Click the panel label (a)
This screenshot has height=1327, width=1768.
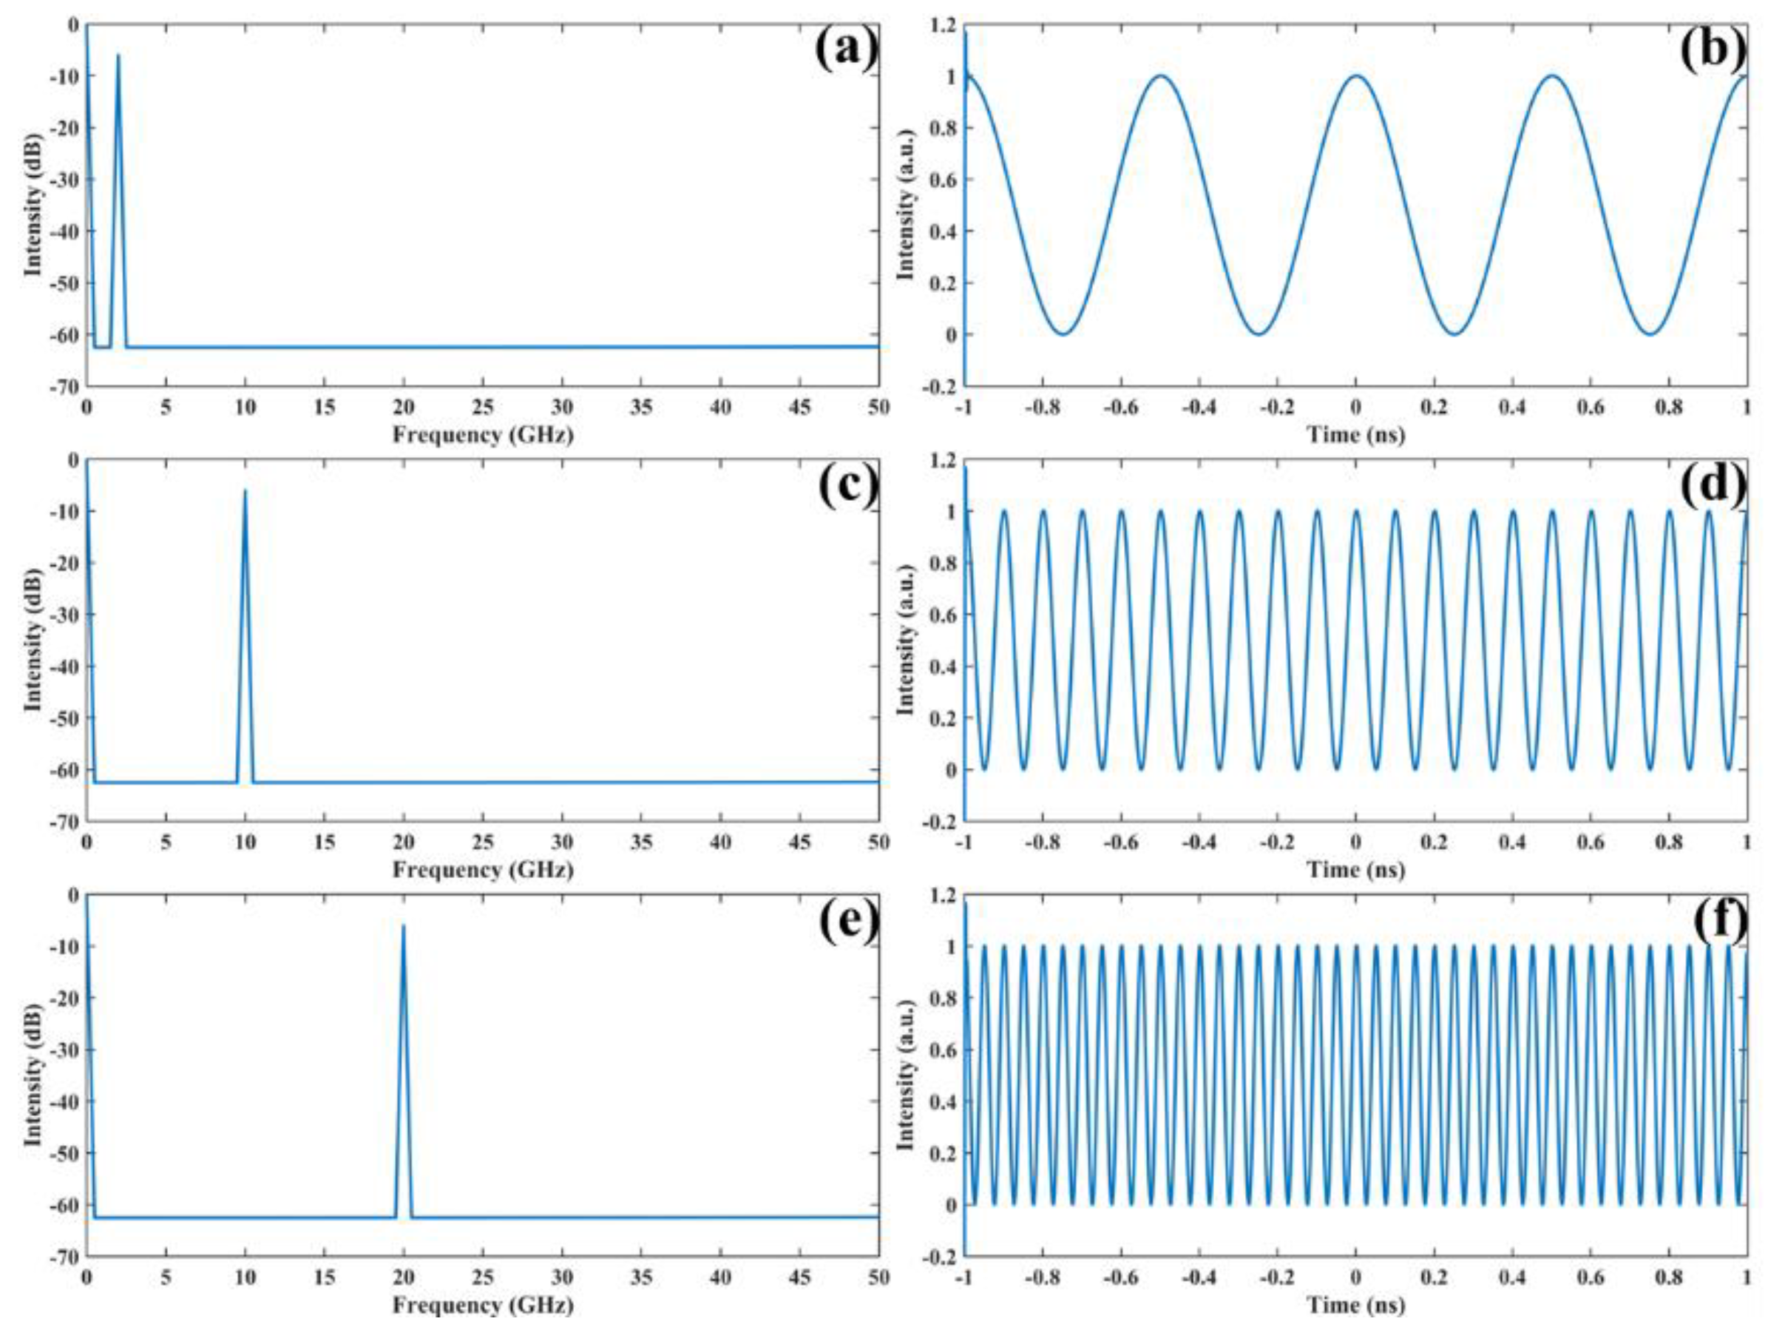click(x=846, y=50)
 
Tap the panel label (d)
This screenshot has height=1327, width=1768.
click(x=1713, y=485)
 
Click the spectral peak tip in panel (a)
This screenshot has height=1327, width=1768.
click(x=118, y=56)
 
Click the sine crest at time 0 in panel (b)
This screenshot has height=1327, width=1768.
click(x=1355, y=76)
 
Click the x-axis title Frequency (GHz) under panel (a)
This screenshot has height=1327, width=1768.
click(x=482, y=435)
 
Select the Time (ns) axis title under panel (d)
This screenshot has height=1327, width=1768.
click(x=1355, y=870)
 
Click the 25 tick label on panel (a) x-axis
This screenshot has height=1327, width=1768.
click(x=482, y=407)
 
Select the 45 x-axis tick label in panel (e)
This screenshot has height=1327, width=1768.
click(x=799, y=1277)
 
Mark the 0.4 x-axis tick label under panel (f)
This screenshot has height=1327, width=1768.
click(x=1512, y=1277)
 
